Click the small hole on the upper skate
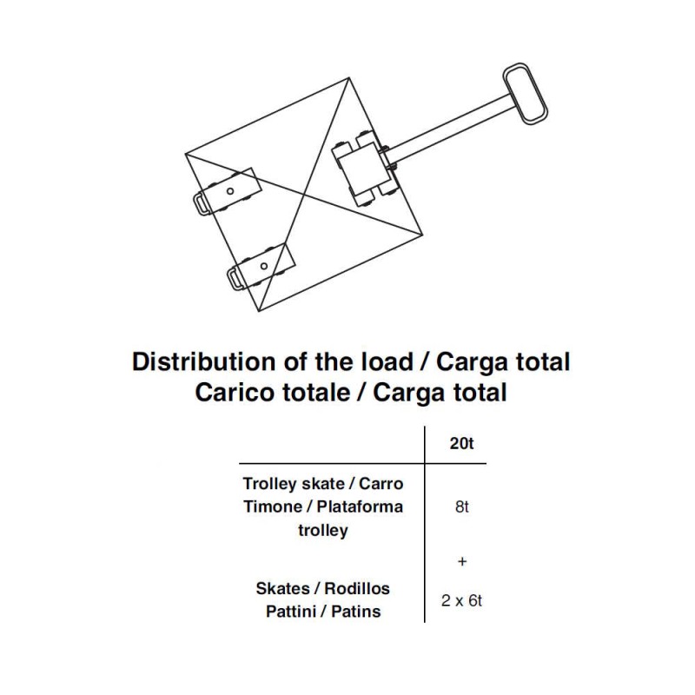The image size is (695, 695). [230, 191]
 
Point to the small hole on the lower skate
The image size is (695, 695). [264, 266]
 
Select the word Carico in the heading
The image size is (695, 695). [228, 393]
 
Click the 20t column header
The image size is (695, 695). [462, 443]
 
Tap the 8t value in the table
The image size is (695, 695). [462, 506]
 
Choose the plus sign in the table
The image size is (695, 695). [462, 561]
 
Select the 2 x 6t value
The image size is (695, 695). [462, 600]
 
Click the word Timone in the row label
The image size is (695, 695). [273, 506]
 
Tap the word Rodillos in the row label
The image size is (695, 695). [357, 589]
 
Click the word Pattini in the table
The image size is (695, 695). [290, 612]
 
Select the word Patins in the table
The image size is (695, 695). [356, 612]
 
